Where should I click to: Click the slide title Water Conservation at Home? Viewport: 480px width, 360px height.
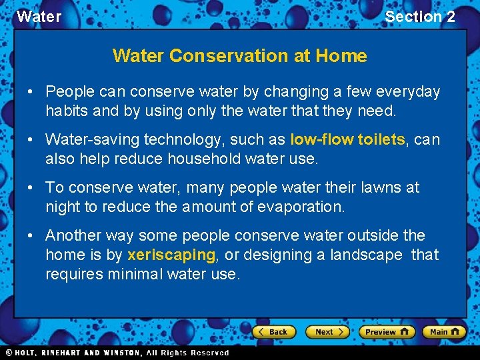239,55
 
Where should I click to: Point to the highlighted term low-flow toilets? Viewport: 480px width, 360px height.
347,139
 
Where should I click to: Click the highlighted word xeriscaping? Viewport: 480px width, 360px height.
171,255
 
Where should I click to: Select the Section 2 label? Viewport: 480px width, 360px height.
420,17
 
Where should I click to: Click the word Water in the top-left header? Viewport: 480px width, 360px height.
39,17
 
